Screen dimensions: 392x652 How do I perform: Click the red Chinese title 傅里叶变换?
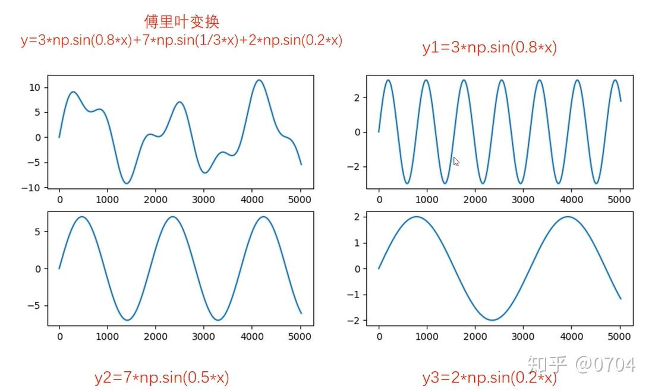coord(181,22)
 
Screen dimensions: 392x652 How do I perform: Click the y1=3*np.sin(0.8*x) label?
coord(489,48)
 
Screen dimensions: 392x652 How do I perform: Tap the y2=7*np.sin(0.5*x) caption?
coord(162,377)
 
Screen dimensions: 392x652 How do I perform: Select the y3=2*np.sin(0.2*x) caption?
coord(489,378)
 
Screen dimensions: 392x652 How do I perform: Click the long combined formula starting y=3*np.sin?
coord(181,41)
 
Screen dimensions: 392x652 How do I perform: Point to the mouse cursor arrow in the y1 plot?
coord(456,161)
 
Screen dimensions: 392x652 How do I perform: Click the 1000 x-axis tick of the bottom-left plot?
coord(107,337)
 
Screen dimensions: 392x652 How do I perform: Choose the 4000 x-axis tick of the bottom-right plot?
coord(571,337)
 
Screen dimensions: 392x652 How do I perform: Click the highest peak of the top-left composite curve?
coord(259,80)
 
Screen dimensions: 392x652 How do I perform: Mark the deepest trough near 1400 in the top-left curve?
coord(127,183)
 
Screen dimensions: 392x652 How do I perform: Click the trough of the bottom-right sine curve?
coord(492,320)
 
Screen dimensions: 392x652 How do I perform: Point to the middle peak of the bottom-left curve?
coord(172,217)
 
